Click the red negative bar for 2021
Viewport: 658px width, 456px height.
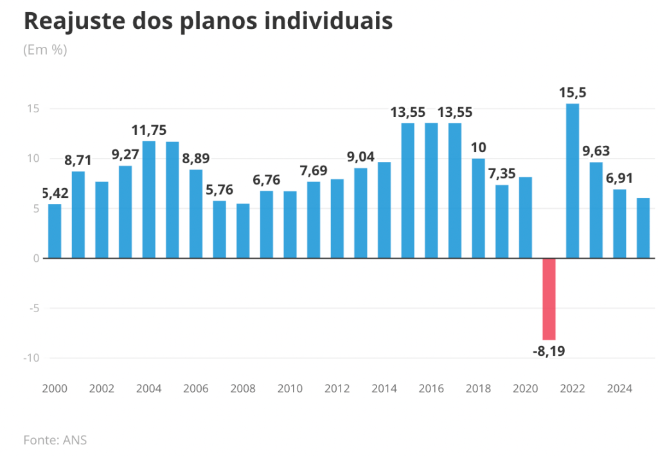[x=549, y=299]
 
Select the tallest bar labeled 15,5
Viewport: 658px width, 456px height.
[x=572, y=180]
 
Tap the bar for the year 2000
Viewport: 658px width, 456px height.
[x=55, y=231]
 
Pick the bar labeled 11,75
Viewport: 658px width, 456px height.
[x=148, y=199]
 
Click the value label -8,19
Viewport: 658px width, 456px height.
[x=549, y=351]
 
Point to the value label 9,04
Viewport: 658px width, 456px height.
[x=360, y=156]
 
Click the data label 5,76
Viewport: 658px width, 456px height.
[x=219, y=189]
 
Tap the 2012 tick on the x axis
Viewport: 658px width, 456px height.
[x=337, y=389]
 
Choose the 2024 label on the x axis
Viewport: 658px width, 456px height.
[x=619, y=389]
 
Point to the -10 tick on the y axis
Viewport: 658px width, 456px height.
[x=32, y=358]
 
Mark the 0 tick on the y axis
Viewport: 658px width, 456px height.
[x=37, y=258]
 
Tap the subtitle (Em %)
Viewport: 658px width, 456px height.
[x=45, y=49]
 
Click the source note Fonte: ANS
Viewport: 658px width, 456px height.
[x=55, y=440]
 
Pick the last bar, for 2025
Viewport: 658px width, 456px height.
[x=643, y=228]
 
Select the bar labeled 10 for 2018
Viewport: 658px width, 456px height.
[x=478, y=208]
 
